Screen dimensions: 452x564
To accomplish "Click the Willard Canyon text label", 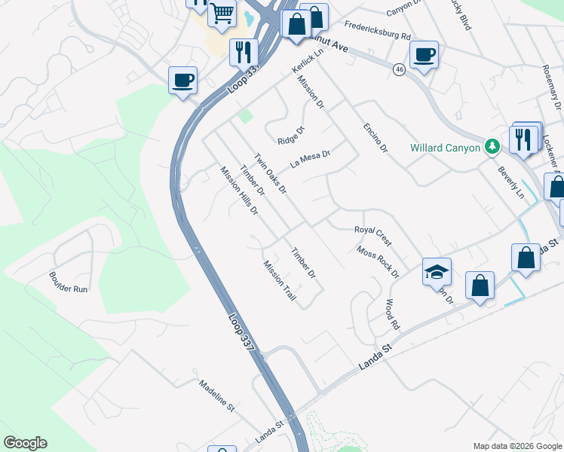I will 445,148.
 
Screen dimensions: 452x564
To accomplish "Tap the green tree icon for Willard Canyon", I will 492,146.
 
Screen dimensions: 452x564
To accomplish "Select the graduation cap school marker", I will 437,272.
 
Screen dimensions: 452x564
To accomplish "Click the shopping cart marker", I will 222,14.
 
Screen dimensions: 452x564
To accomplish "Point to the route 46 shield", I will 399,69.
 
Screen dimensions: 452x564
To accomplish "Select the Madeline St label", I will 217,394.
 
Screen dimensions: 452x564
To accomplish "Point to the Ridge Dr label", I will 290,136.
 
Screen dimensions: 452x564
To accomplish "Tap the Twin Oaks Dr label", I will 270,174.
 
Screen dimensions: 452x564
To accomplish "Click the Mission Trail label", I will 280,282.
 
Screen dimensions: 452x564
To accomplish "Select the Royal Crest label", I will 372,235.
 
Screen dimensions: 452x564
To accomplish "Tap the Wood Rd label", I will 391,315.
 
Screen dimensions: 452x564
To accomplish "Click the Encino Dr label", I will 374,136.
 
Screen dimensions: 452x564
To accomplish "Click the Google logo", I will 25,443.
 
